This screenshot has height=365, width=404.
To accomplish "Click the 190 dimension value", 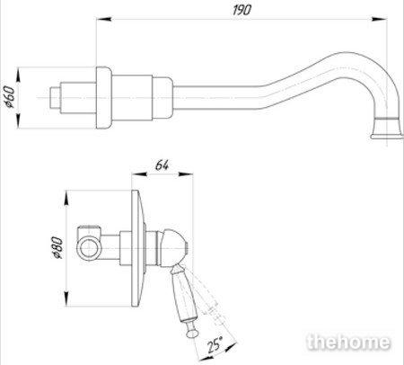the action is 242,10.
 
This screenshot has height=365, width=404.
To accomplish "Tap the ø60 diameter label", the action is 9,97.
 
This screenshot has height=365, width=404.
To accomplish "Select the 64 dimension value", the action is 162,165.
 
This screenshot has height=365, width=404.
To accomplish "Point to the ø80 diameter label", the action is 57,247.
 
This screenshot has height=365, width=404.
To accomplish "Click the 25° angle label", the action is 215,344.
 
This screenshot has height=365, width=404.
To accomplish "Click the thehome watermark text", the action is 348,342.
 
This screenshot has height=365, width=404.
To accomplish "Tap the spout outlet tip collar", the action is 387,128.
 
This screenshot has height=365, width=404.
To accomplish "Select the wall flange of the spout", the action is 104,98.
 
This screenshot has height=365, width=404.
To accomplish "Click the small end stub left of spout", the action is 55,98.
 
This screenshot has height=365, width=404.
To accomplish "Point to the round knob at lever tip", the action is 192,332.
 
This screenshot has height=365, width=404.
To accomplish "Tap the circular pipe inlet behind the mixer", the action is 89,248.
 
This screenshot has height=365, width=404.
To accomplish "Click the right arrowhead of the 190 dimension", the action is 379,19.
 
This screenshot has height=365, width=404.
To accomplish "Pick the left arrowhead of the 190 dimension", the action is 104,19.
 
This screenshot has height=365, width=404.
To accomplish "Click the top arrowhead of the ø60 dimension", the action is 19,75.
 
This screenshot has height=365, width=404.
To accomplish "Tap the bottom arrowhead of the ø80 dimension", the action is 67,298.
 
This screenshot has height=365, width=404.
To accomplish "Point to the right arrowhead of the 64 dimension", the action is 186,174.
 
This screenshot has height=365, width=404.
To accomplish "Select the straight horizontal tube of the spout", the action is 218,98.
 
